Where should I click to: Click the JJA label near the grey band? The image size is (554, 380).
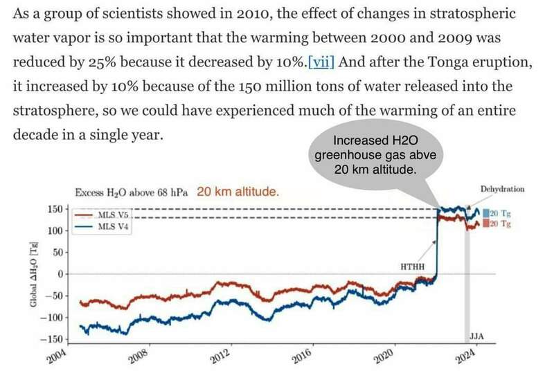coord(476,337)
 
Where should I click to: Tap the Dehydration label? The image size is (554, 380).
coord(501,188)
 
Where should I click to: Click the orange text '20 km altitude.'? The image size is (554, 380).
coord(238,192)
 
